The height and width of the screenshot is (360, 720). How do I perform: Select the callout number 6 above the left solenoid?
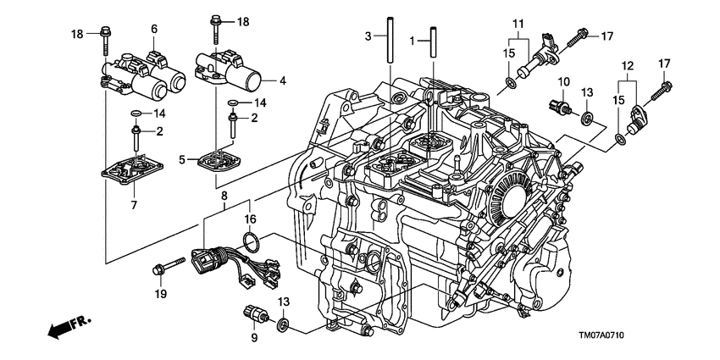[154, 29]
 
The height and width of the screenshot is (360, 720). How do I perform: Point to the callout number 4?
[283, 81]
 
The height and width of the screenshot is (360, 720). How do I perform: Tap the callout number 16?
[252, 219]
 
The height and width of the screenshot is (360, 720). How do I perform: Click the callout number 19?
[158, 294]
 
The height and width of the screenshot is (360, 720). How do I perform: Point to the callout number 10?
[561, 80]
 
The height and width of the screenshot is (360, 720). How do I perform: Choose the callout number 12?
[628, 66]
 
